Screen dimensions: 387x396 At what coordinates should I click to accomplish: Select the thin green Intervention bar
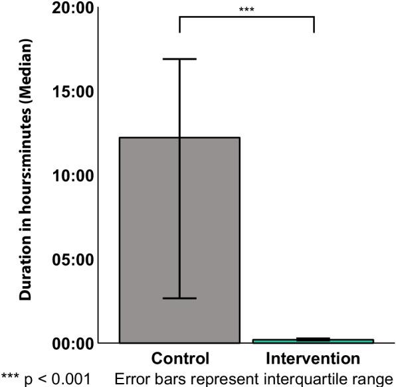tap(313, 341)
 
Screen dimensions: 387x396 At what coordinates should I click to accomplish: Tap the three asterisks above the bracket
tap(247, 10)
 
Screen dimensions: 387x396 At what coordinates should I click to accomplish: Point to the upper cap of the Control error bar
tap(179, 59)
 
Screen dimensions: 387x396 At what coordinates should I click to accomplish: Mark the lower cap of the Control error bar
tap(179, 298)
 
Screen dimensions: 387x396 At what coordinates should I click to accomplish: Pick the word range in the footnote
tap(375, 379)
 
